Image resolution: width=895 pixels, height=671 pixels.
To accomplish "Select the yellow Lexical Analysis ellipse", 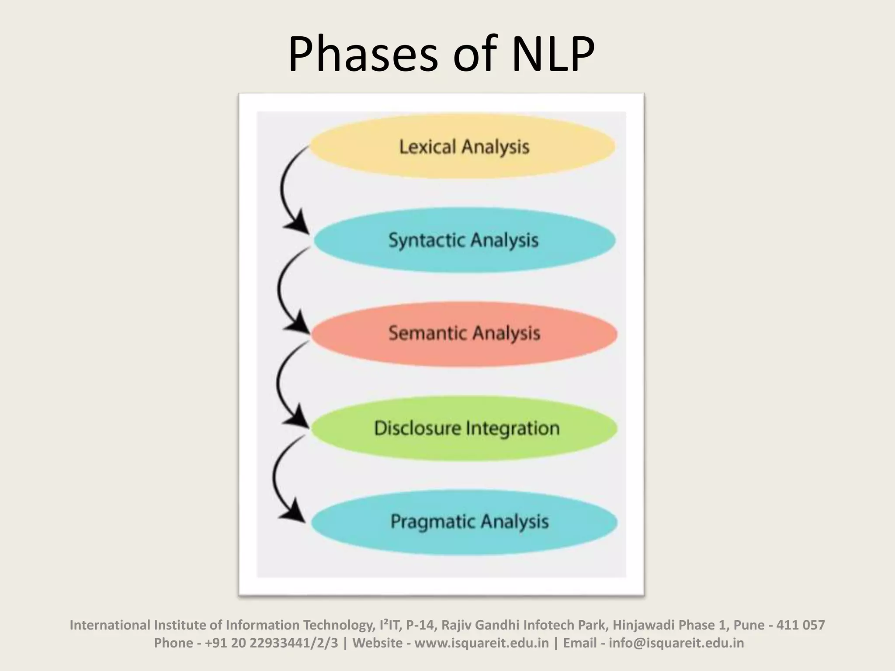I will click(x=463, y=147).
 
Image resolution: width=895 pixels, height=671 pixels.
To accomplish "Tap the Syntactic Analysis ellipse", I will click(x=463, y=240).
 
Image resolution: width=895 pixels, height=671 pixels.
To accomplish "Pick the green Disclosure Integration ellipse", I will click(x=466, y=428).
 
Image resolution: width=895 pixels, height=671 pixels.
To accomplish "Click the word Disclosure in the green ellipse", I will click(x=418, y=428).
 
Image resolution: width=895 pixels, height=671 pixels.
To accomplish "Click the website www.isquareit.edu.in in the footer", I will click(x=481, y=643).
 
